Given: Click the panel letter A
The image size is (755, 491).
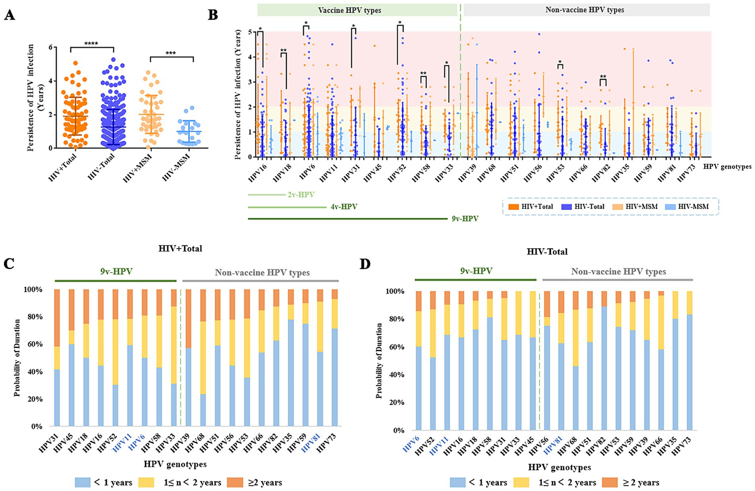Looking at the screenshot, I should point(9,15).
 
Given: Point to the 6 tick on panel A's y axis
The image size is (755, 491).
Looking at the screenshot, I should point(50,47).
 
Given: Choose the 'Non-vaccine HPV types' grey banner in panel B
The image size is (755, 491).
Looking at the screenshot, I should point(586,10).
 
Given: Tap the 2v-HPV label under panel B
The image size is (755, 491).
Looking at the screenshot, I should point(301,195).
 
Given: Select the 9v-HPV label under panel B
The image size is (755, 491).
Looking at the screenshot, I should point(465,219).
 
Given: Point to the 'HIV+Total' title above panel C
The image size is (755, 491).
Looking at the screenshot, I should point(180,249).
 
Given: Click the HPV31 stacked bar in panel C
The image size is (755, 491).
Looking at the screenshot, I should point(57,357).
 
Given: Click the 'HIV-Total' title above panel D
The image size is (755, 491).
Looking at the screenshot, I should point(547,252).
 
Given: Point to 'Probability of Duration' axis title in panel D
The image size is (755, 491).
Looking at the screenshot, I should point(379,360).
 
